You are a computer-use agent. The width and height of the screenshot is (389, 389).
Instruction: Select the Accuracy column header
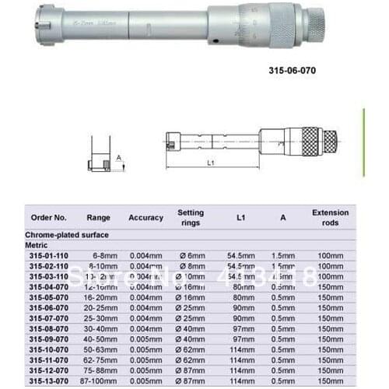[x=145, y=217]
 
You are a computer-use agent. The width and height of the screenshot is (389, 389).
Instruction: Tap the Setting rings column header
[x=190, y=216]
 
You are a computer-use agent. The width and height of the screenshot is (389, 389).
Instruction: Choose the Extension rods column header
[x=330, y=216]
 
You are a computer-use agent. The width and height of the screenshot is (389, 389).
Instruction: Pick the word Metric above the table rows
[x=39, y=244]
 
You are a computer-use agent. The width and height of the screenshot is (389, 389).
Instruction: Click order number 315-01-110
[x=48, y=254]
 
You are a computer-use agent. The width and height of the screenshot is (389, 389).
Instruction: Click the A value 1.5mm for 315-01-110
[x=284, y=254]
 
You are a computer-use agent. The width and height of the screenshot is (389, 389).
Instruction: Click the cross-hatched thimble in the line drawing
[x=310, y=141]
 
